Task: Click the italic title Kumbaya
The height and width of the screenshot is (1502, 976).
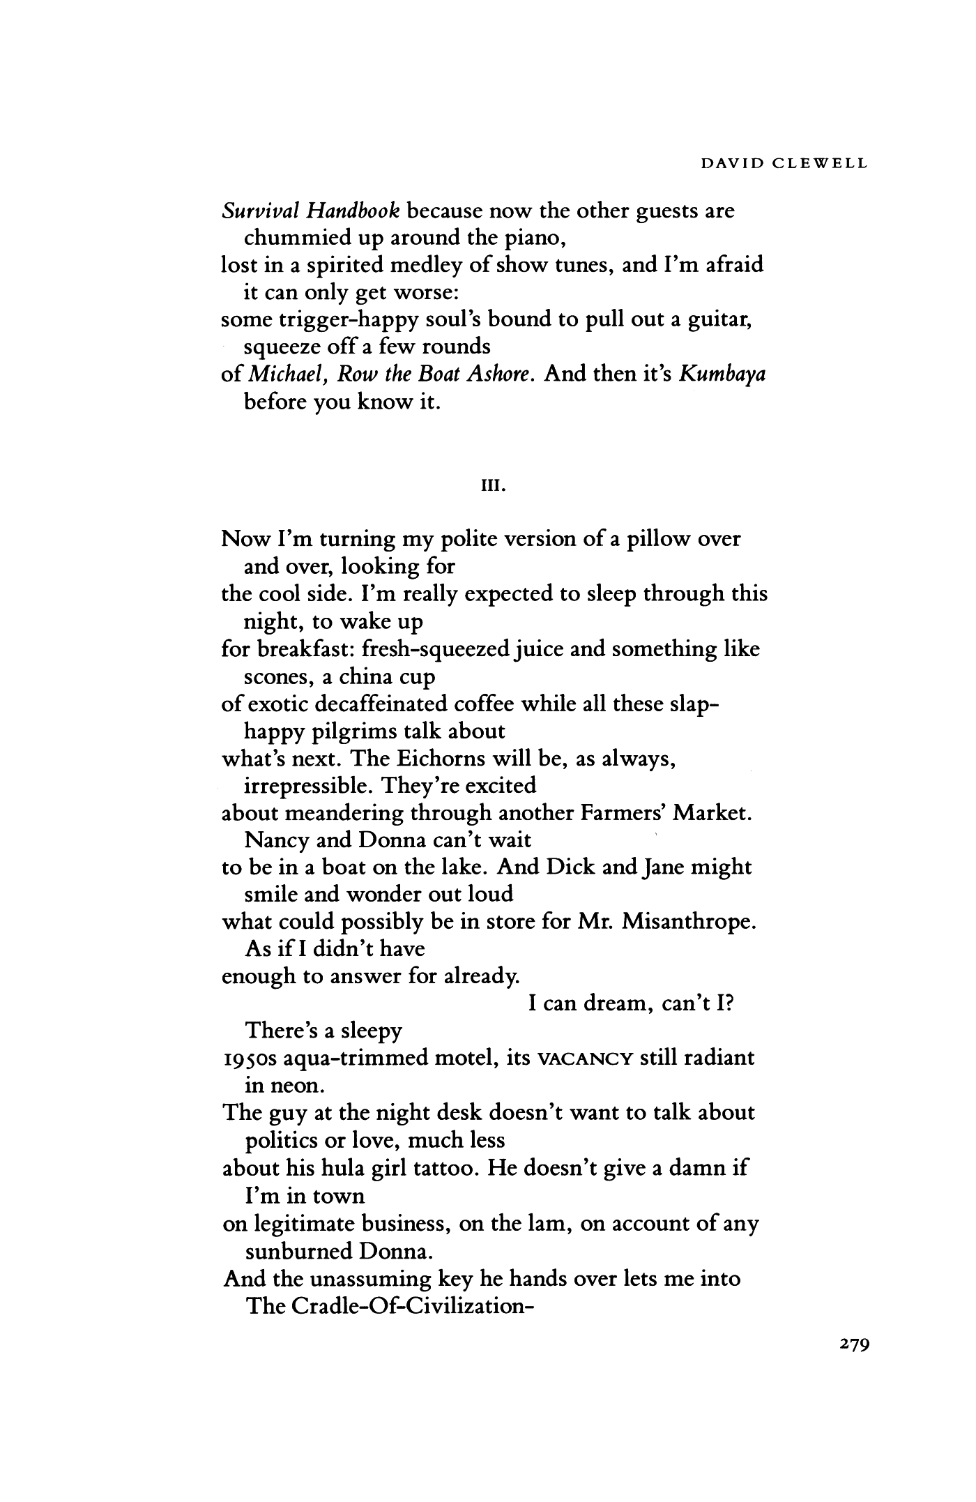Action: point(723,374)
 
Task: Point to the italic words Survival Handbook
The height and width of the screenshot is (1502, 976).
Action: point(311,210)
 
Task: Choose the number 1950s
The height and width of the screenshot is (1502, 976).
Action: point(248,1059)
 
